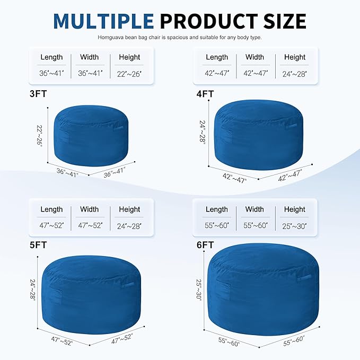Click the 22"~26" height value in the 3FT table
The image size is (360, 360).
pos(129,73)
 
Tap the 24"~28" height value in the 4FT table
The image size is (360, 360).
pos(294,73)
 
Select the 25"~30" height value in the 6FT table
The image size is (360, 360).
pos(294,225)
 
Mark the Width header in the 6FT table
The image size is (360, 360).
pos(254,209)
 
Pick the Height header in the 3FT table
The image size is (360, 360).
pos(129,57)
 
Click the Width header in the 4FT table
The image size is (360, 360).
pos(254,57)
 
